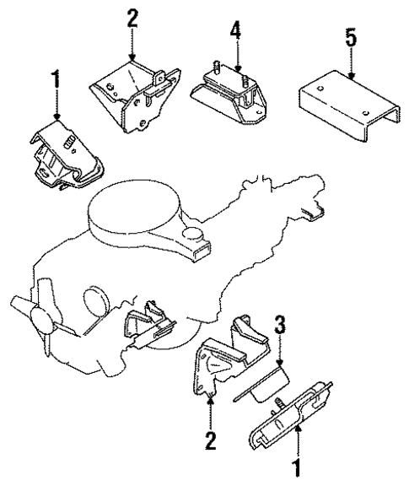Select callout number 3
coord(281,324)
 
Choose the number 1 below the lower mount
coord(296,467)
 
